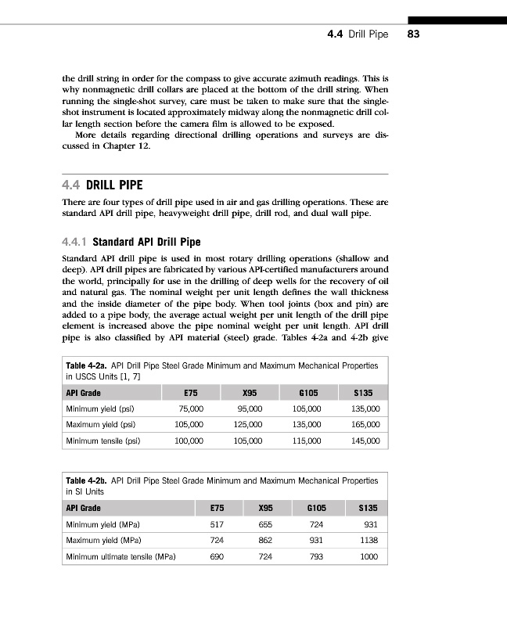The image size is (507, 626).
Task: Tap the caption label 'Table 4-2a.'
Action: pyautogui.click(x=88, y=365)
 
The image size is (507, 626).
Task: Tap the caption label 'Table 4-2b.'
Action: pyautogui.click(x=88, y=480)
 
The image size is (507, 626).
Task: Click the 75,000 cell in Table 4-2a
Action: pyautogui.click(x=191, y=408)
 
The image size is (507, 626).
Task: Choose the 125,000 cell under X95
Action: pyautogui.click(x=250, y=425)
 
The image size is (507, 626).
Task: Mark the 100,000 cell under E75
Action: pyautogui.click(x=190, y=441)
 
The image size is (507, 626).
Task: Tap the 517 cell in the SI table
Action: pyautogui.click(x=218, y=524)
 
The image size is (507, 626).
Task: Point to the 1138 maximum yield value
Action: pyautogui.click(x=370, y=541)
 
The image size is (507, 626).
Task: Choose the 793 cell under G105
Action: pyautogui.click(x=315, y=557)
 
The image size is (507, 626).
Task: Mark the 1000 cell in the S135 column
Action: pyautogui.click(x=369, y=557)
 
